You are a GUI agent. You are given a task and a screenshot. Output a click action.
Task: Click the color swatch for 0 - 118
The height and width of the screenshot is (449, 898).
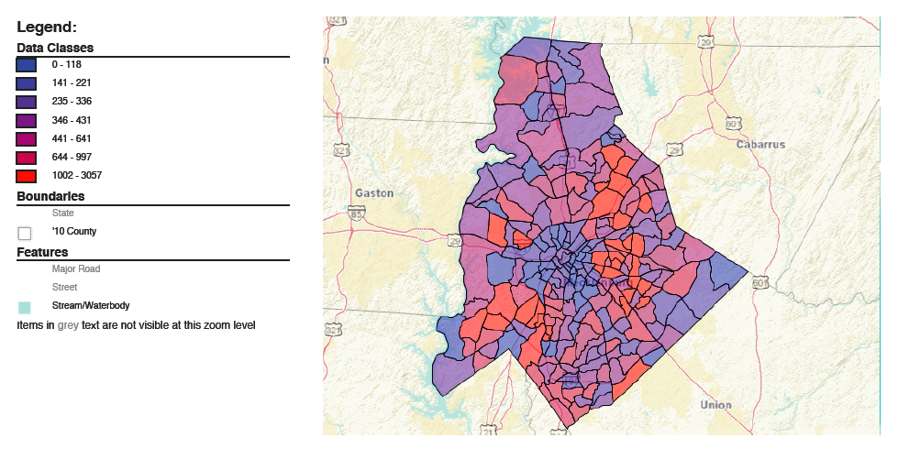(x=26, y=65)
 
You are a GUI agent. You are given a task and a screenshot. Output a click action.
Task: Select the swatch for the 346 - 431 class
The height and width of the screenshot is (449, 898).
(x=26, y=121)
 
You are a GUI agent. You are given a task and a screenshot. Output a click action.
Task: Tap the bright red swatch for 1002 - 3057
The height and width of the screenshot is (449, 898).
(x=26, y=176)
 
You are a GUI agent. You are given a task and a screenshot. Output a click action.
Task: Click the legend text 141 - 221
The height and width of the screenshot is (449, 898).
(x=71, y=83)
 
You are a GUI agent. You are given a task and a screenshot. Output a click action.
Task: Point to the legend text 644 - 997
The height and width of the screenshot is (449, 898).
(x=71, y=157)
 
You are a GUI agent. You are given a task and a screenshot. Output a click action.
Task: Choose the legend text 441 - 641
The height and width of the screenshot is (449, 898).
(x=71, y=138)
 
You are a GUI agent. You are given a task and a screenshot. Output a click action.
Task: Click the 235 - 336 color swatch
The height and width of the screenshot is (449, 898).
(x=26, y=102)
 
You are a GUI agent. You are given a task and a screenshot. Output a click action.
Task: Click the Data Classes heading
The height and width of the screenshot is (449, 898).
(x=55, y=48)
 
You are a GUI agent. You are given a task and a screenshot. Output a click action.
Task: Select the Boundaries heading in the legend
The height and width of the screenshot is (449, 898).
(x=50, y=196)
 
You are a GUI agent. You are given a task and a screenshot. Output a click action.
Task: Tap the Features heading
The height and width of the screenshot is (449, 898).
(x=42, y=252)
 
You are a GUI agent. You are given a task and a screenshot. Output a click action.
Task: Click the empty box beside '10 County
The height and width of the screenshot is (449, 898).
(x=25, y=233)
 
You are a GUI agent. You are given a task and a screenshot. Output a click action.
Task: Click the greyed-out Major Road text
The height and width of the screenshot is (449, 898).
(x=76, y=269)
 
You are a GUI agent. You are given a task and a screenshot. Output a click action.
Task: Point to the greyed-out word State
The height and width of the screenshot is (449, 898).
(x=62, y=214)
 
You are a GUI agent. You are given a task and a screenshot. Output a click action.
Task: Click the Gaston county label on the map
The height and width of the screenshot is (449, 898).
(x=373, y=193)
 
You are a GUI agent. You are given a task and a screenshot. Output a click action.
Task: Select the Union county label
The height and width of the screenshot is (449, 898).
(x=715, y=404)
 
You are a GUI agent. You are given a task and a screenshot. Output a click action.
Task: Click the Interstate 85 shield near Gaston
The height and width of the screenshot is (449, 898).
(x=357, y=213)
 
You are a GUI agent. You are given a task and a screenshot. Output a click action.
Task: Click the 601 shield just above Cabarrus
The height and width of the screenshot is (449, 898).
(x=732, y=123)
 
